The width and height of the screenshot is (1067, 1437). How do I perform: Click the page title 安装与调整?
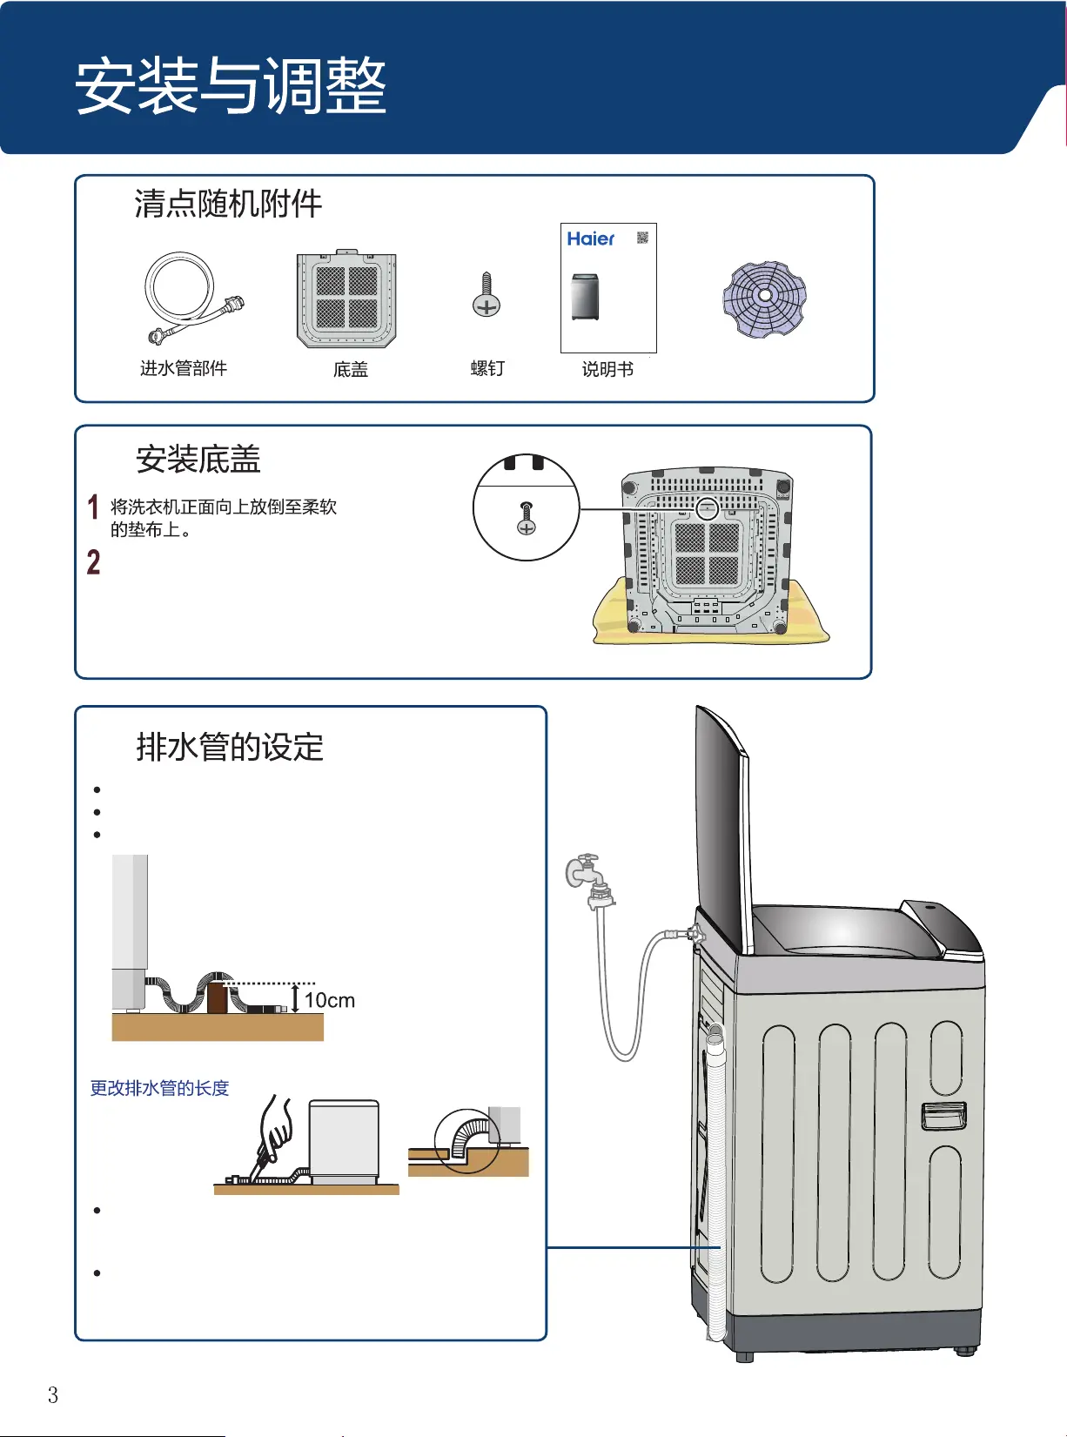231,85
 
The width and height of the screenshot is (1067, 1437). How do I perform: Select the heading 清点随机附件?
228,204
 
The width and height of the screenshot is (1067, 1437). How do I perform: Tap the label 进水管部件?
184,369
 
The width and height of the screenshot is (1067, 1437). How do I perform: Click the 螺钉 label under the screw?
487,369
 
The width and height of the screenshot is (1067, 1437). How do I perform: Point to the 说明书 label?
607,369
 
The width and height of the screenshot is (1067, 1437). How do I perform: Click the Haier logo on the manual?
590,239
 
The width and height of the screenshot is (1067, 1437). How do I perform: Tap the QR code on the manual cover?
642,238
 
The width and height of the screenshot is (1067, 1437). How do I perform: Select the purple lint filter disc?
764,299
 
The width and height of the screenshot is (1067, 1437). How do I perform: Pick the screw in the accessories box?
487,295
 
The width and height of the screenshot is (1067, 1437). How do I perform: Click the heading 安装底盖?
198,460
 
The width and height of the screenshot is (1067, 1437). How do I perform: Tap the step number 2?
93,562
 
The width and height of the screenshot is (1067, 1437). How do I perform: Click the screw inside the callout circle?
526,518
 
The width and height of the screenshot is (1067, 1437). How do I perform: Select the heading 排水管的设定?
230,747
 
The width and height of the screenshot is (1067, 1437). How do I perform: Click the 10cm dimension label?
330,1000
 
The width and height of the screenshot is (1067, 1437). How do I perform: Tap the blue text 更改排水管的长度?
159,1089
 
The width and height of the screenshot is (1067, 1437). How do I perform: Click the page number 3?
53,1395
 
